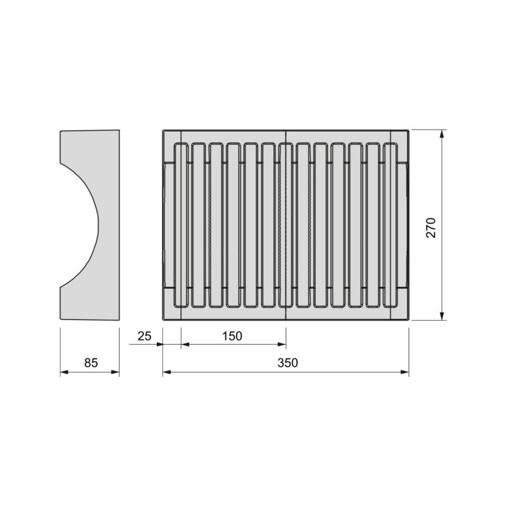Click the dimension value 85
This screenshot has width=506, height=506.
click(91, 363)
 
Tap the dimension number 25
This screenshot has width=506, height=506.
click(144, 336)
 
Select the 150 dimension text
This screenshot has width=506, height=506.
click(231, 336)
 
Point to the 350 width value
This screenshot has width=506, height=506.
click(286, 363)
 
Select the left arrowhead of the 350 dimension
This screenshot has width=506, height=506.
click(166, 373)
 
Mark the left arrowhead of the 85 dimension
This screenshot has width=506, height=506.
click(63, 373)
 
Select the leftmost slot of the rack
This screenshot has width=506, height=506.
click(181, 226)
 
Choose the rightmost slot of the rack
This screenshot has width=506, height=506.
click(391, 226)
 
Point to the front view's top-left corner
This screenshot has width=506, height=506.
click(163, 130)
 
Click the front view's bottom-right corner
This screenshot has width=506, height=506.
click(409, 321)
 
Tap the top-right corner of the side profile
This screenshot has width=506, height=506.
click(119, 130)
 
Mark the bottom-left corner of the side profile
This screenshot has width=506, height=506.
click(61, 321)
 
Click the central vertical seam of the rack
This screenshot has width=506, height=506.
click(286, 226)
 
